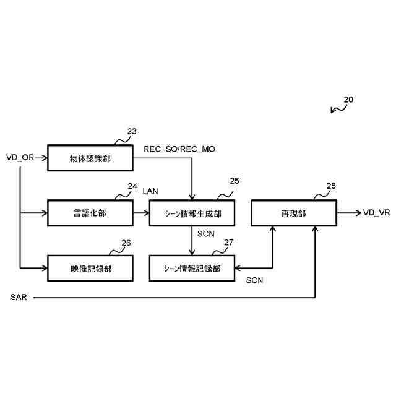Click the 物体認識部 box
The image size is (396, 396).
click(90, 158)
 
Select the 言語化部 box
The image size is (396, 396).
click(90, 213)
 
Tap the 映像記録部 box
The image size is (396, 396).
click(90, 268)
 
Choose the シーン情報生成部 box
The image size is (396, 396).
click(192, 213)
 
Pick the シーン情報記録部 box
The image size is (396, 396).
click(192, 268)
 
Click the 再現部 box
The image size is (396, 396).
click(293, 213)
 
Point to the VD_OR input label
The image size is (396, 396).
click(20, 158)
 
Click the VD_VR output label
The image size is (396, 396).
click(376, 213)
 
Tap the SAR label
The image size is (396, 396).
click(19, 298)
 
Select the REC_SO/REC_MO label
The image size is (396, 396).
click(179, 149)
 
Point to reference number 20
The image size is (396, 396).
click(348, 99)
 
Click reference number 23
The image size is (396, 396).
click(132, 131)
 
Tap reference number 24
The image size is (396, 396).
click(132, 186)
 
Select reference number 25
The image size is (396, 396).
click(234, 181)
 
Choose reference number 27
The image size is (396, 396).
click(228, 243)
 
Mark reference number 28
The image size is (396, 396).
click(331, 186)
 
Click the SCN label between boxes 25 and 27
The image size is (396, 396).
click(206, 235)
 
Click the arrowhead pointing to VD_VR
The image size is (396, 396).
click(357, 213)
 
